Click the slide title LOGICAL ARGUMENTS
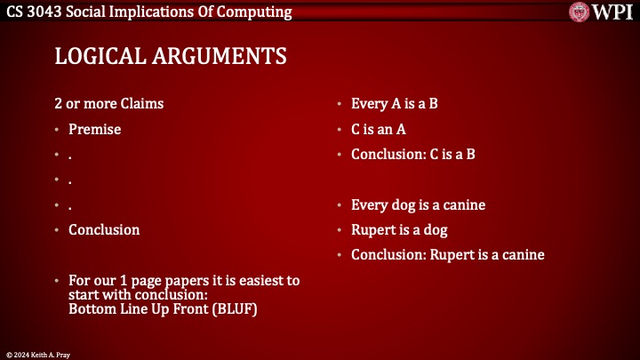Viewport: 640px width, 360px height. point(171,56)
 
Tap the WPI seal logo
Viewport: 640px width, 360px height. point(580,12)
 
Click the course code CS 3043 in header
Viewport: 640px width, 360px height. point(34,12)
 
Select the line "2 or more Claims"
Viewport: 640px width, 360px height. point(109,103)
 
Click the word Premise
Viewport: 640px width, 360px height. point(94,129)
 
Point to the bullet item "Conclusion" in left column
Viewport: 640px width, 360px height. point(104,229)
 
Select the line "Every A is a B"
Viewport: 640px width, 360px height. point(394,103)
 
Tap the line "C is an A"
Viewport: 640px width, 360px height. point(379,129)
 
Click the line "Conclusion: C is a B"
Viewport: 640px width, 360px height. point(413,154)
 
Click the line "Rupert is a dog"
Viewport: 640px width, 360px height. point(399,229)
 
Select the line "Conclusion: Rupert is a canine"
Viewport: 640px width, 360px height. point(447,255)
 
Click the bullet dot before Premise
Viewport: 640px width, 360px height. point(58,130)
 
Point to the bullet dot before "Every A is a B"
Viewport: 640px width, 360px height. point(340,104)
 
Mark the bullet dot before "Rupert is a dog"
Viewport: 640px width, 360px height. point(340,230)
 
